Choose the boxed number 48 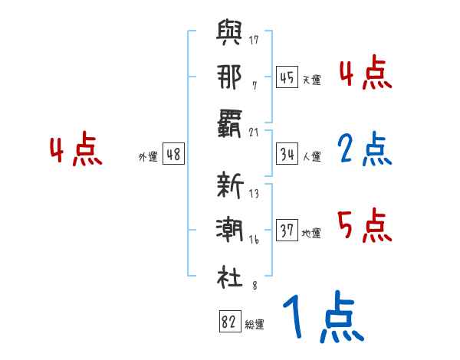[173, 155]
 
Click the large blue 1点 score [323, 319]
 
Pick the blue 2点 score [365, 150]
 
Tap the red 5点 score [365, 227]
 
